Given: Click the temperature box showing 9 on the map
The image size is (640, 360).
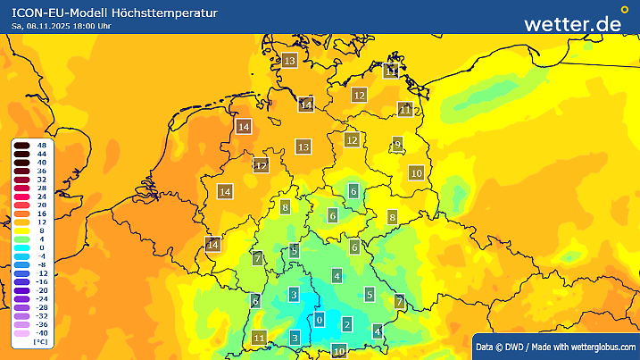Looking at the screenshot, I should (x=397, y=145).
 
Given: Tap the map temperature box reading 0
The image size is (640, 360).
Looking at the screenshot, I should (x=320, y=320).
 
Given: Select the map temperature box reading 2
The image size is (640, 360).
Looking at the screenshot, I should (x=347, y=323).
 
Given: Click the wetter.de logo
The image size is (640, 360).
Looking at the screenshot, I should (x=572, y=23).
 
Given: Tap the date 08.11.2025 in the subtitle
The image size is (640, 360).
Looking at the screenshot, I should (x=51, y=26).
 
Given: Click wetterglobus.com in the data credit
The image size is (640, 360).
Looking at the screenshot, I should (x=600, y=347).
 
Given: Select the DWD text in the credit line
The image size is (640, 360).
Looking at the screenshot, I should (x=518, y=347).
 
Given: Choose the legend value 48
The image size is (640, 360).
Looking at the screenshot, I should (x=41, y=145).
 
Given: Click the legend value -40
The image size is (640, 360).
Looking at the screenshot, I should (x=41, y=333).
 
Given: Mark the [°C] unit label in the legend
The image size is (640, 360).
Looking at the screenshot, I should (x=41, y=341).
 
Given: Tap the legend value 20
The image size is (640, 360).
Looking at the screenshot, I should (x=41, y=205).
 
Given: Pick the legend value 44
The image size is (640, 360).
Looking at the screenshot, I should (x=41, y=154).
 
